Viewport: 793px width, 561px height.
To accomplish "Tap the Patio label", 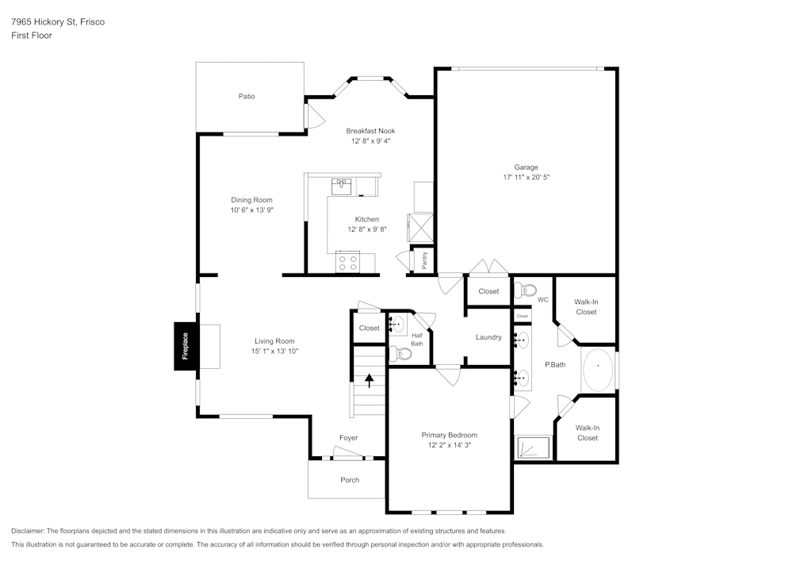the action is pyautogui.click(x=247, y=96).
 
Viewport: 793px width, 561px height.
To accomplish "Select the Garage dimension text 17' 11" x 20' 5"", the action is pyautogui.click(x=526, y=177).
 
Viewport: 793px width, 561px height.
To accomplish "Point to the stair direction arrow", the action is pyautogui.click(x=370, y=380).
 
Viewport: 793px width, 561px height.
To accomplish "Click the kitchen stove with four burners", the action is pyautogui.click(x=347, y=262).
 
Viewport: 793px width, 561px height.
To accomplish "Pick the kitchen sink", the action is pyautogui.click(x=341, y=186).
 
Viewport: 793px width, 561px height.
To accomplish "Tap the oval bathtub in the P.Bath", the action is pyautogui.click(x=598, y=369).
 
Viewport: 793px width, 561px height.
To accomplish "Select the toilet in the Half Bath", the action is pyautogui.click(x=400, y=354).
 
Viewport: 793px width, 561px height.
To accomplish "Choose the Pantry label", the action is pyautogui.click(x=425, y=260).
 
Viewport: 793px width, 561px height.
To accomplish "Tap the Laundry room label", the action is pyautogui.click(x=488, y=337).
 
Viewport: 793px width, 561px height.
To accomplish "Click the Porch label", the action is pyautogui.click(x=350, y=479).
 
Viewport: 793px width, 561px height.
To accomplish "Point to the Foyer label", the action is pyautogui.click(x=348, y=437).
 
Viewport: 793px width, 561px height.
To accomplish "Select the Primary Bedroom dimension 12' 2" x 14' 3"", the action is pyautogui.click(x=450, y=445).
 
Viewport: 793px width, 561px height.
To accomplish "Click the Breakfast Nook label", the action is pyautogui.click(x=370, y=130).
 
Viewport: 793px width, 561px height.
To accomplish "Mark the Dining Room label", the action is pyautogui.click(x=252, y=200).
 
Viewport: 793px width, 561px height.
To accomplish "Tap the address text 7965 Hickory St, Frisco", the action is pyautogui.click(x=58, y=21).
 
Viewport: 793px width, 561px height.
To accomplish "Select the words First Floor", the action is pyautogui.click(x=32, y=36).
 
